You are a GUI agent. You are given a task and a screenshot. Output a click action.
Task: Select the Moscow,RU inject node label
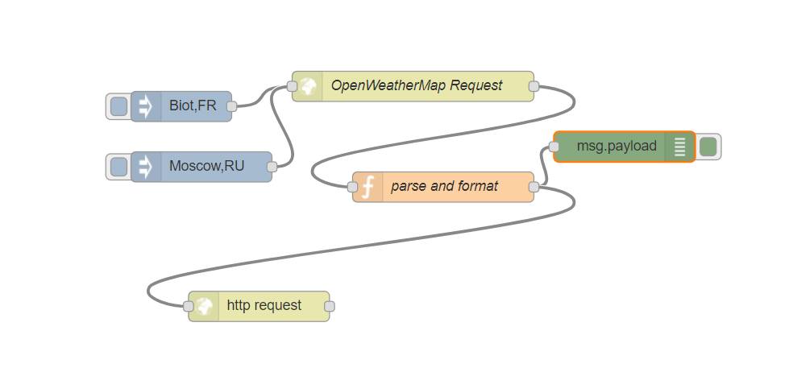coord(206,167)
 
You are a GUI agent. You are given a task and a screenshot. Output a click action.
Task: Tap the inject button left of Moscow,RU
coord(118,167)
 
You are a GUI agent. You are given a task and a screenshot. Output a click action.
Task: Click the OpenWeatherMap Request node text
coord(417,85)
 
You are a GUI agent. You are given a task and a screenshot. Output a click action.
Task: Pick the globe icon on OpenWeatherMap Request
coord(306,86)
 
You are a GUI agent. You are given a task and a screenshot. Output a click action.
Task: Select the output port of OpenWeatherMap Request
coord(533,86)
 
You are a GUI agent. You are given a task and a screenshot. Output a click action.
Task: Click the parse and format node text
coord(444,187)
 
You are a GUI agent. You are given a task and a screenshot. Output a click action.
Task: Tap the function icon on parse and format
coord(367,187)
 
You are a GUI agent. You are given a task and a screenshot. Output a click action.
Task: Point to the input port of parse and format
coord(352,187)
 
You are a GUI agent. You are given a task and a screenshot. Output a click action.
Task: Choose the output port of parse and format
coord(533,187)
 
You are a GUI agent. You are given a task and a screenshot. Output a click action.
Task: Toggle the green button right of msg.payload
coord(708,147)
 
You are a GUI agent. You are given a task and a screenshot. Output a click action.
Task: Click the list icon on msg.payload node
coord(679,147)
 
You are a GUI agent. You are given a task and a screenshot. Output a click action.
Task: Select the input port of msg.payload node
coord(554,147)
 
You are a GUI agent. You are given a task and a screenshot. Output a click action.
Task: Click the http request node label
coord(264,305)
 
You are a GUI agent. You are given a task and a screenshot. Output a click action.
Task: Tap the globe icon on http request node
coord(204,306)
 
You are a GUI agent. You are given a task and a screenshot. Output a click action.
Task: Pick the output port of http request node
coord(329,306)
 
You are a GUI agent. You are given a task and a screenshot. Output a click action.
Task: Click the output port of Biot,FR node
coord(231,105)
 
